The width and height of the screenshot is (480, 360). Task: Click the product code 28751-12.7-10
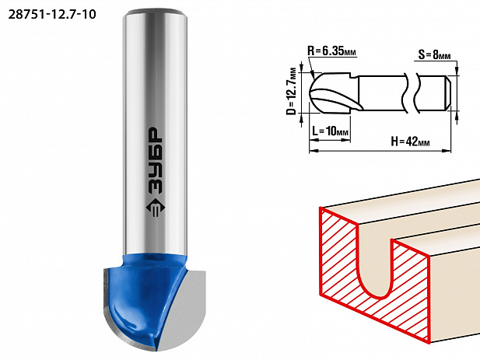tap(52, 14)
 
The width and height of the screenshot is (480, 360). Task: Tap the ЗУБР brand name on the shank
tap(155, 160)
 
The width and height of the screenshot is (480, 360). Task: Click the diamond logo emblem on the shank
tap(155, 208)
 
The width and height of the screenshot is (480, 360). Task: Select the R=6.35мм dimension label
tap(332, 51)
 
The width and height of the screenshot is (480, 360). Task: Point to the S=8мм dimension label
tap(434, 55)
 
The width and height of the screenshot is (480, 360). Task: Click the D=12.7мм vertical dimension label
tap(293, 91)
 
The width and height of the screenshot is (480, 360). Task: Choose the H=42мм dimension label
tap(410, 142)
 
